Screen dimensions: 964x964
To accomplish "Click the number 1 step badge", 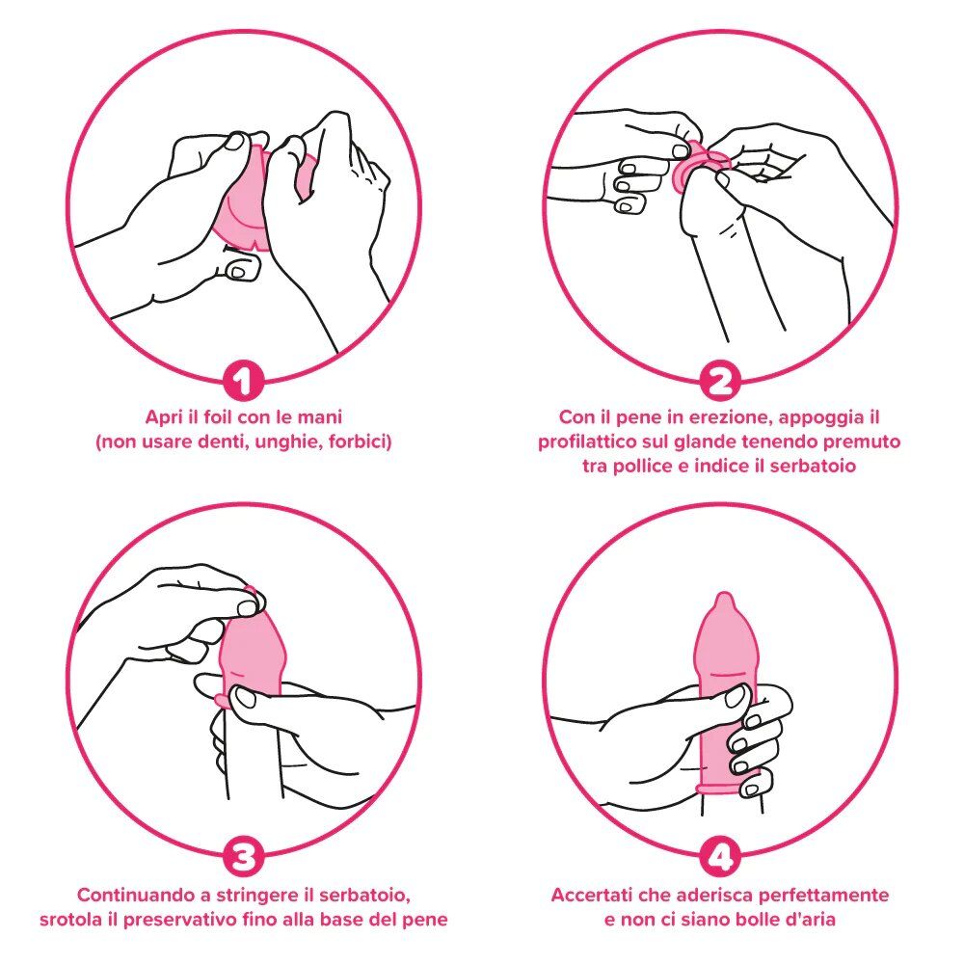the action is coord(244,382).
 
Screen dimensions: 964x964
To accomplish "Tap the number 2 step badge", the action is coord(720,382).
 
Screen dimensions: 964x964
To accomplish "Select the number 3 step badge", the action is coord(244,857).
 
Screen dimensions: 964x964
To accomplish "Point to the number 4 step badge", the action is coord(720,857).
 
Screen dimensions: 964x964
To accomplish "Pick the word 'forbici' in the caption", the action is coord(360,442).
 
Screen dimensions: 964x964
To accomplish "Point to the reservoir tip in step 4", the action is coord(724,602).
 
